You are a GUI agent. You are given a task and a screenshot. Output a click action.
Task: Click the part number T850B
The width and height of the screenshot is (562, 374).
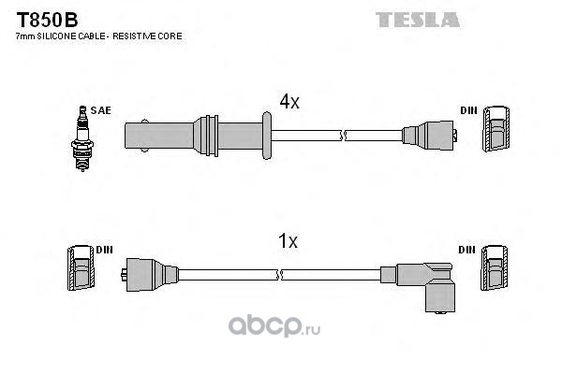[x=47, y=20]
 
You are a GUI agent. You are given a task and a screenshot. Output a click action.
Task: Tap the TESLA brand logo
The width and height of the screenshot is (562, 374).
[x=418, y=20]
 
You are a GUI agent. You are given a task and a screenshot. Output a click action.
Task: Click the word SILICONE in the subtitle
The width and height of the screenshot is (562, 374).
[x=56, y=36]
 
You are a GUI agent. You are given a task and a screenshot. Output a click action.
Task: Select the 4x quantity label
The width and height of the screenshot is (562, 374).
[x=289, y=102]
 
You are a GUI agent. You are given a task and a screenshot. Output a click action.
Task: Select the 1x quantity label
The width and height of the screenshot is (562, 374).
[x=288, y=241]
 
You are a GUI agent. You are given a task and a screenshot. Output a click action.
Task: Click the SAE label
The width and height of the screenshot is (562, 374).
[x=101, y=110]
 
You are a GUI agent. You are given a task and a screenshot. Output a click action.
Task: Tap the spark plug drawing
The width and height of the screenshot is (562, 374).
[x=82, y=138]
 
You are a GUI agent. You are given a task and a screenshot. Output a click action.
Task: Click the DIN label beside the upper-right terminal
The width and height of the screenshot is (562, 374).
[x=469, y=110]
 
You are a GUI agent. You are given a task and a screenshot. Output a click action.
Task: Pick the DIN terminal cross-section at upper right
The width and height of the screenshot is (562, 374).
[x=496, y=129]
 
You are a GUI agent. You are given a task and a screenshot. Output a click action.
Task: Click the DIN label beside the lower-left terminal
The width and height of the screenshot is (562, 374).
[x=104, y=250]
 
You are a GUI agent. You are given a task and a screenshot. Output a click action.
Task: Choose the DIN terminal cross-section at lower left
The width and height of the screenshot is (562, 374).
[x=81, y=267]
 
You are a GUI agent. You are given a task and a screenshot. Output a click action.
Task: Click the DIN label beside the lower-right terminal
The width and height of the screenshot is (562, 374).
[x=466, y=250]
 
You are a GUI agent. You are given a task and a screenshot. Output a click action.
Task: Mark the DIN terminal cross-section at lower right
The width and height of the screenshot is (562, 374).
[x=495, y=267]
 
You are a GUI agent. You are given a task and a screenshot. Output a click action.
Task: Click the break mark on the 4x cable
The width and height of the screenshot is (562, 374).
[x=342, y=136]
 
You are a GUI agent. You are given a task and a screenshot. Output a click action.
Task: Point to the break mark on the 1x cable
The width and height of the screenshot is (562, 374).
[x=279, y=275]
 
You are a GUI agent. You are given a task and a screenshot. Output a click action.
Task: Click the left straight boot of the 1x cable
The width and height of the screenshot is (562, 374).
[x=150, y=275]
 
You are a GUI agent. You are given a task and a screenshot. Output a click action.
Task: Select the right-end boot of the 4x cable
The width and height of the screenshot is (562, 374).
[x=429, y=136]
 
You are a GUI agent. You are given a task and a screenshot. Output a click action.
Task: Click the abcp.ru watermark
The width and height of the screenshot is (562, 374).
[x=274, y=326]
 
